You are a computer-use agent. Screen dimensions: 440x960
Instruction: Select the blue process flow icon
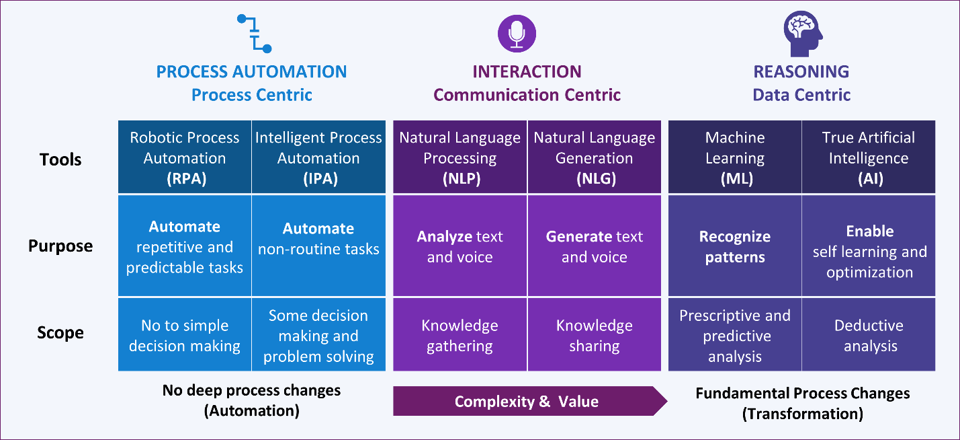255,34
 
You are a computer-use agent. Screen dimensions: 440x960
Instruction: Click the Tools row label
60,159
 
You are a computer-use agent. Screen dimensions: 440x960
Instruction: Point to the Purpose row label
60,246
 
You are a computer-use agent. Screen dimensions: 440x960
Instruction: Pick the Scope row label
60,332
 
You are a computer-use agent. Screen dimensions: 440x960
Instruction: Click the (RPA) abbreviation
184,179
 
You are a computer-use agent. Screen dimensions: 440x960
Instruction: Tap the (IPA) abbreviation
318,179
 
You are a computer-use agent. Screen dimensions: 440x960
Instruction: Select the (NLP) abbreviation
460,179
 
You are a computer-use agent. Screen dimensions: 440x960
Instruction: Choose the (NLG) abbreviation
594,179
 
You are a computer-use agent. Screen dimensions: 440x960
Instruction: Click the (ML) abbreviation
734,179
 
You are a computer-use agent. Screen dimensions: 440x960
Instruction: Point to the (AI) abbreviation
869,179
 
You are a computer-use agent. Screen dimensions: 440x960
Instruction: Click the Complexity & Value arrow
527,402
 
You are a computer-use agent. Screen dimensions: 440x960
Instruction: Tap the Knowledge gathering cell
460,336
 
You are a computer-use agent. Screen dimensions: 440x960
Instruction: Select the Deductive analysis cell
869,336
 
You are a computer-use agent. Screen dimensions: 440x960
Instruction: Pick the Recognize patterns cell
734,247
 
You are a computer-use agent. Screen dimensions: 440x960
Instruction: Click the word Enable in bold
869,231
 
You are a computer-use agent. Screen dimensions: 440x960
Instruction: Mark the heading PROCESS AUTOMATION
251,72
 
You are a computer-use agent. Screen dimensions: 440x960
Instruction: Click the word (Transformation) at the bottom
802,413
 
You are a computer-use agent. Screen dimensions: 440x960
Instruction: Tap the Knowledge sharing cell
594,336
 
